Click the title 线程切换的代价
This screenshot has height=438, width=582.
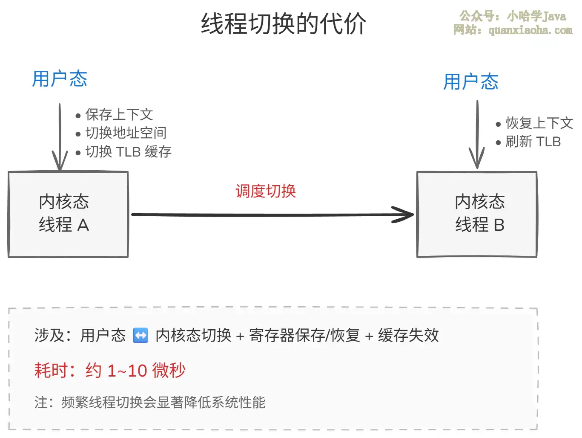283,23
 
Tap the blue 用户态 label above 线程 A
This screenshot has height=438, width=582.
60,79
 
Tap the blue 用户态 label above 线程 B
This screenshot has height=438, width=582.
470,81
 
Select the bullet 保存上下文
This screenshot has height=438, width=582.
119,114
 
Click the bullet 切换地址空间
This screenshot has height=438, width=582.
126,133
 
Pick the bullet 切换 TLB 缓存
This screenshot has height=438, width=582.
128,151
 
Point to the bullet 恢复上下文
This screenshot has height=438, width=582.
539,123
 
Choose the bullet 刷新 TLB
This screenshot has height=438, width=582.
533,142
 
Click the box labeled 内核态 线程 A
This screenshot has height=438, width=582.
68,214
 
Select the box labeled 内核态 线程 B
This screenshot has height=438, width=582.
477,214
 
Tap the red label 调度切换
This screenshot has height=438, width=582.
266,191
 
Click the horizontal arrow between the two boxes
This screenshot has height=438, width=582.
272,215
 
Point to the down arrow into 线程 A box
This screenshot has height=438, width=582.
60,136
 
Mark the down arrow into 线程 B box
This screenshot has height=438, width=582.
477,134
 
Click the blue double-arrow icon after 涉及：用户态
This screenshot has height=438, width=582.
140,335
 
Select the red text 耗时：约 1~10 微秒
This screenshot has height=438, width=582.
110,370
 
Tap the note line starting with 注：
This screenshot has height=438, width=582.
150,402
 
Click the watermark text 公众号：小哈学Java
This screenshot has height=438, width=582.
513,16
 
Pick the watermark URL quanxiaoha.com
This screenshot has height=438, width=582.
530,30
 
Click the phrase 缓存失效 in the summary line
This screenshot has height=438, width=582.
408,335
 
